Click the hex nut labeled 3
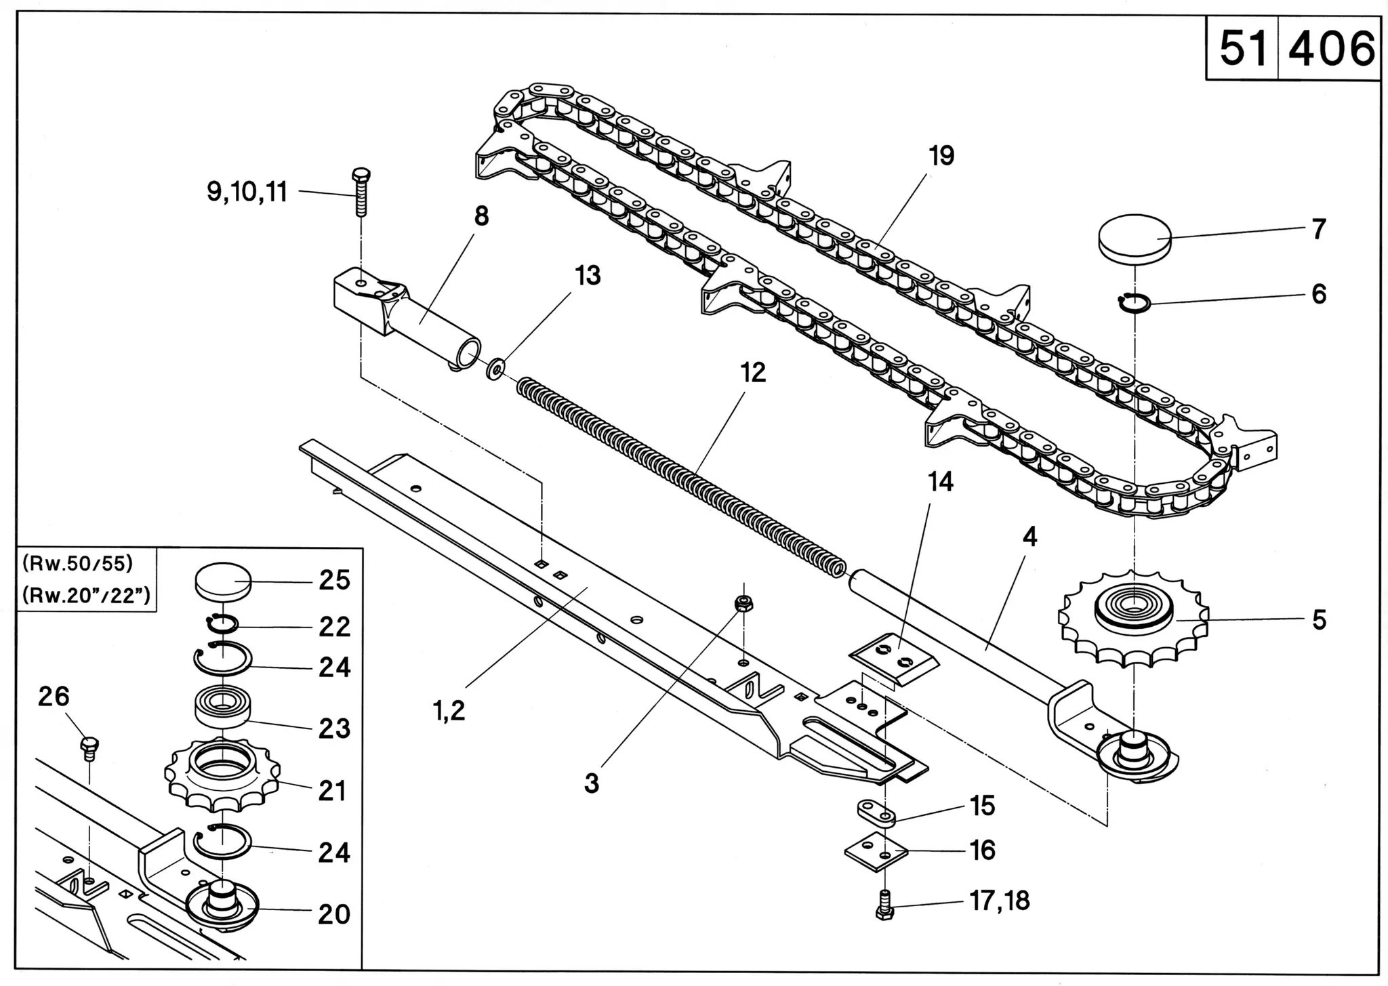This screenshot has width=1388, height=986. tap(743, 603)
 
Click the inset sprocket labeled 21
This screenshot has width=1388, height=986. tap(217, 775)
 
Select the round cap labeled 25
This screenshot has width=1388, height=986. tap(223, 582)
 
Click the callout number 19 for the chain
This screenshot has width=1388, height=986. tap(941, 156)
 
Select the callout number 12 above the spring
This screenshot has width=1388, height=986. tap(752, 373)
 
